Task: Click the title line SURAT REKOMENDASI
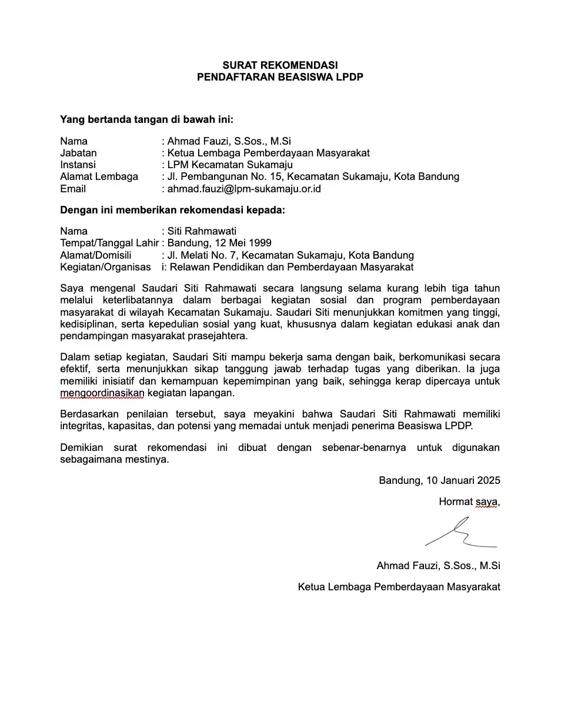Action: (280, 65)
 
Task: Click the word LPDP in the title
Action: (349, 77)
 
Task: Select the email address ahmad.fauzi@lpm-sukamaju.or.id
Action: (244, 189)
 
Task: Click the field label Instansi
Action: (78, 165)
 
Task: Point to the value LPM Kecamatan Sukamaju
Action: (230, 165)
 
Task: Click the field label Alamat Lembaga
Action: (99, 176)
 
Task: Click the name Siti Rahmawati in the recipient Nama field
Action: (202, 231)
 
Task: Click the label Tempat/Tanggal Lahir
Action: (109, 243)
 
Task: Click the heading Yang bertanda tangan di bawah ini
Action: (146, 119)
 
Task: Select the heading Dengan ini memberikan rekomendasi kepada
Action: (172, 210)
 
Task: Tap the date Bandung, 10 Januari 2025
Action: (439, 480)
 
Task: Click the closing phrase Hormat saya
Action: (469, 502)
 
